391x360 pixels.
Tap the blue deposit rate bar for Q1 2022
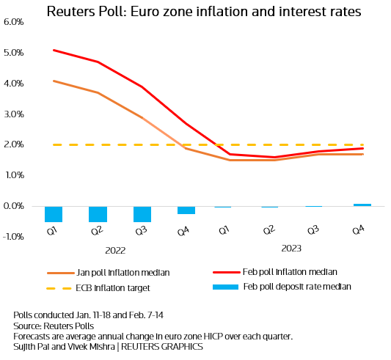pyautogui.click(x=54, y=213)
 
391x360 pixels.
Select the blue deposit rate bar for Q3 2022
pyautogui.click(x=142, y=213)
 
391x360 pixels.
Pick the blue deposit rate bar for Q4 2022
pyautogui.click(x=186, y=210)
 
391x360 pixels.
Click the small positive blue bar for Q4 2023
pyautogui.click(x=362, y=205)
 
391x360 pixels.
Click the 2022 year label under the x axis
pyautogui.click(x=115, y=250)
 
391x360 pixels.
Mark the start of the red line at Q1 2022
pyautogui.click(x=54, y=51)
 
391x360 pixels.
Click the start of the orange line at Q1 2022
pyautogui.click(x=54, y=81)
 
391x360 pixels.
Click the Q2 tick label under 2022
pyautogui.click(x=95, y=232)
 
